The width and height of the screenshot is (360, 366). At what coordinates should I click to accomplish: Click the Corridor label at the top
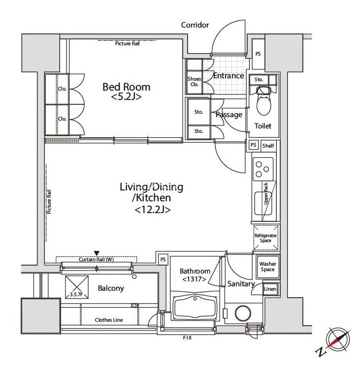click(195, 25)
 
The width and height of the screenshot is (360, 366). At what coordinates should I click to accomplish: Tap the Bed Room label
click(127, 87)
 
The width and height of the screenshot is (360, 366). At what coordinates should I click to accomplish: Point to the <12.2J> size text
click(153, 210)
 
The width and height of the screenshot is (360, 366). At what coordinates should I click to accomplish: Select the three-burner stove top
click(263, 169)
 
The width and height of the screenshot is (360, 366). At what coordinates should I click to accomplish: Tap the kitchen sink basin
click(263, 203)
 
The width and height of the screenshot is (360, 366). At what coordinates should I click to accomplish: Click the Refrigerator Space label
click(265, 238)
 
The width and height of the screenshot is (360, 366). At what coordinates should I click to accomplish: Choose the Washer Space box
click(268, 267)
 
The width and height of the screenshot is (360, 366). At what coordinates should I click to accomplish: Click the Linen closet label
click(270, 289)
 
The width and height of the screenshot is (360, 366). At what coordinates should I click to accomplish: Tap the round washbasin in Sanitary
click(243, 313)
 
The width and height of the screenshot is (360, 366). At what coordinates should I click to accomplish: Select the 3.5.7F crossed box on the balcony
click(77, 287)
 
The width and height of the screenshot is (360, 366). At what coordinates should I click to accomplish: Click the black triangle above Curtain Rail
click(97, 253)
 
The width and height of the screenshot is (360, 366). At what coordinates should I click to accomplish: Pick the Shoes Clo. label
click(194, 82)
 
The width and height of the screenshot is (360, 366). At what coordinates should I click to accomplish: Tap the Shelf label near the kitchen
click(268, 146)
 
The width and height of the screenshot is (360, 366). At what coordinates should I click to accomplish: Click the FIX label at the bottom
click(187, 337)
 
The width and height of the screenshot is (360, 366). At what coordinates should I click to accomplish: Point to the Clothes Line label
click(109, 320)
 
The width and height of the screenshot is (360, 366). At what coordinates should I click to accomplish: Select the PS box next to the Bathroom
click(163, 259)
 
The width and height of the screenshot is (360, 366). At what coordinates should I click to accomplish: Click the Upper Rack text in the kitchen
click(266, 194)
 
